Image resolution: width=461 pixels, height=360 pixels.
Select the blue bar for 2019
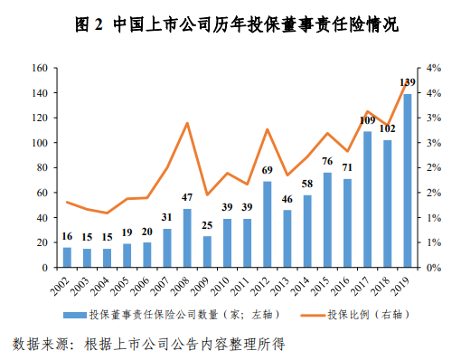tap(408, 181)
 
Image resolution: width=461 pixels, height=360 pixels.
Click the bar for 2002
tap(67, 257)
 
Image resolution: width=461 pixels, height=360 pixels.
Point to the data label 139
tap(408, 83)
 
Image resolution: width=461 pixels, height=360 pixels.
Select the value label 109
tap(368, 120)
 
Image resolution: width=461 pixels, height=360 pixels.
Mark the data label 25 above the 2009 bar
tap(207, 226)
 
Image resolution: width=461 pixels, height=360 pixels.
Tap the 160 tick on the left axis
tap(39, 68)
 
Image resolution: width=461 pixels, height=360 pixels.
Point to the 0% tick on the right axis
tap(432, 268)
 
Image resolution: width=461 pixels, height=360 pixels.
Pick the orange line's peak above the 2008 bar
tap(187, 123)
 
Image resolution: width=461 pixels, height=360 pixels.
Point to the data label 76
tap(327, 162)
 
